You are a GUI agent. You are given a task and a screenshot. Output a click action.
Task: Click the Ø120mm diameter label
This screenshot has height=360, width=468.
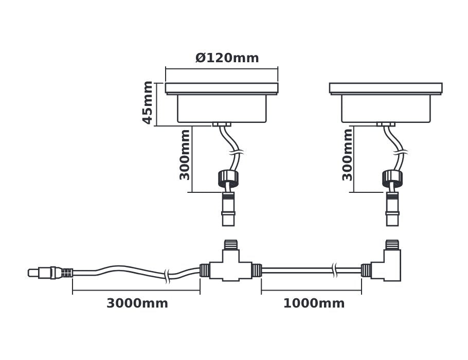(x=227, y=58)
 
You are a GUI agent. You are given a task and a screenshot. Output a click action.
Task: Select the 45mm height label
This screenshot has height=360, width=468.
(x=148, y=102)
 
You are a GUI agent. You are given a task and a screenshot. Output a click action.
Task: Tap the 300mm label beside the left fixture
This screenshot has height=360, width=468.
(x=185, y=154)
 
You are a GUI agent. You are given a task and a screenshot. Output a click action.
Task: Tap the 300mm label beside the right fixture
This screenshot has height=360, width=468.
(x=348, y=154)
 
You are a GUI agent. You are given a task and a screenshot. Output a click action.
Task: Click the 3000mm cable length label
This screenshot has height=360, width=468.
(x=137, y=303)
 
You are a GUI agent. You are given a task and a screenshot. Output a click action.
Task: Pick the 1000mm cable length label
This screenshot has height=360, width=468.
(x=314, y=303)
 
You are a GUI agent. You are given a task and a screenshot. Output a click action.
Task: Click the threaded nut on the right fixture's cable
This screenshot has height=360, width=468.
(x=392, y=178)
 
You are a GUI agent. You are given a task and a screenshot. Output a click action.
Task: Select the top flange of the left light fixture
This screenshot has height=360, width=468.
(x=222, y=88)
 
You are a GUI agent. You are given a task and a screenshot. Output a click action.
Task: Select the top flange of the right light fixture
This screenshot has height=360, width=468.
(x=386, y=88)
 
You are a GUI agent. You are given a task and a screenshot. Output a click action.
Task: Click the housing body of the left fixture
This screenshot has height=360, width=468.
(x=222, y=109)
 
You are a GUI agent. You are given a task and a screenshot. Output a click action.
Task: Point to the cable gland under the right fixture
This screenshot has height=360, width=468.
(x=386, y=124)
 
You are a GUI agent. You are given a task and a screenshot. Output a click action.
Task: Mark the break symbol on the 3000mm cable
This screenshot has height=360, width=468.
(x=167, y=276)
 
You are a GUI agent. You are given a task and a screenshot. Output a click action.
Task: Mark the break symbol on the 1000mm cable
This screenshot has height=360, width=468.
(x=335, y=268)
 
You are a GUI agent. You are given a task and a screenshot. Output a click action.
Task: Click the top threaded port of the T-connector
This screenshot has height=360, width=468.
(x=230, y=244)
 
